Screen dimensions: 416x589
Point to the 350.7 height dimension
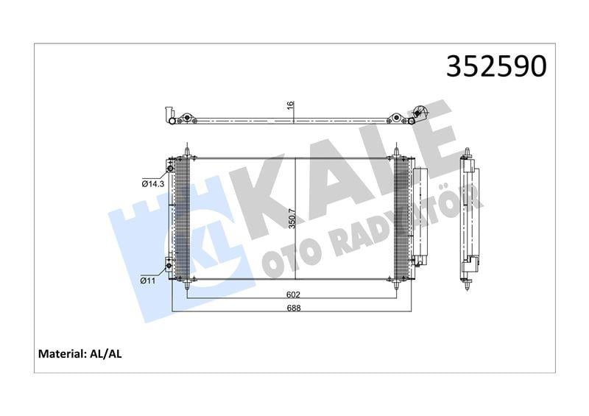point(292,219)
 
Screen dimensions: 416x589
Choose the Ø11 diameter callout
point(150,280)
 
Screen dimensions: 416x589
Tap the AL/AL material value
point(105,354)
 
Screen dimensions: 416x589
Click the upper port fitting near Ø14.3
point(171,169)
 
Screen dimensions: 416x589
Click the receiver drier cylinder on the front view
point(420,217)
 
